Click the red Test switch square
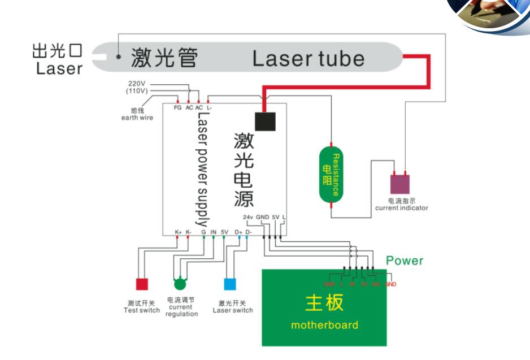[x=141, y=284]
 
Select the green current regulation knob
[x=180, y=283]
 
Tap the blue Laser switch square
[x=231, y=284]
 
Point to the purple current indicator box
[x=400, y=184]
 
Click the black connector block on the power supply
[x=265, y=121]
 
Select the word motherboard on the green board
[x=324, y=325]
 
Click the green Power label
[x=405, y=261]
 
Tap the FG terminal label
[x=177, y=107]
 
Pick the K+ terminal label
[x=178, y=232]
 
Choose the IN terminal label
[x=213, y=232]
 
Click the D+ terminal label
[x=239, y=232]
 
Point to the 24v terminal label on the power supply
[x=247, y=217]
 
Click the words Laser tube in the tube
[x=308, y=58]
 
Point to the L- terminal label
[x=209, y=107]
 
